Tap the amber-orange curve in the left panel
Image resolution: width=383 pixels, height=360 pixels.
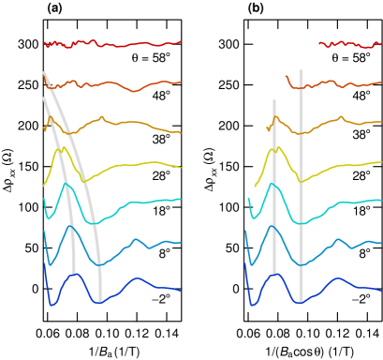[x=131, y=123]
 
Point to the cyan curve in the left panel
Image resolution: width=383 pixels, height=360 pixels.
[x=140, y=202]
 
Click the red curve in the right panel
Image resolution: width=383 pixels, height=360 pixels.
[x=351, y=44]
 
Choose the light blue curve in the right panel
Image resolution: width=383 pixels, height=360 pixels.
[x=356, y=245]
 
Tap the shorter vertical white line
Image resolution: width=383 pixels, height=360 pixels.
[x=274, y=187]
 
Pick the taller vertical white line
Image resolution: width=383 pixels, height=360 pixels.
[x=301, y=187]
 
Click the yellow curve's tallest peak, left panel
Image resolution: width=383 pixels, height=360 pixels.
[x=62, y=148]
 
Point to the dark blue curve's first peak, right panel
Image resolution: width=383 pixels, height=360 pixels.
[x=274, y=274]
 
